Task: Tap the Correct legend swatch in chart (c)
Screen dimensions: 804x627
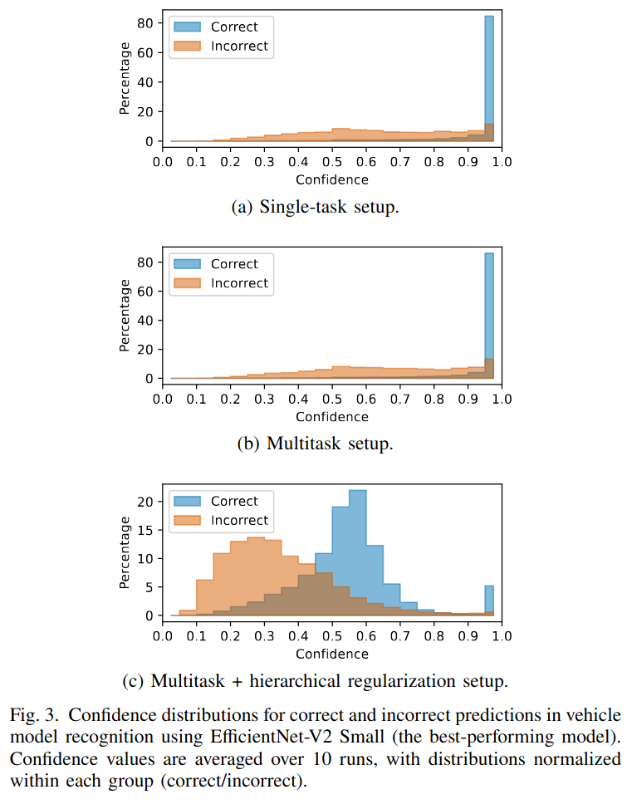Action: [186, 502]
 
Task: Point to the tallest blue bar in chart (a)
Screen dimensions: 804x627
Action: [489, 79]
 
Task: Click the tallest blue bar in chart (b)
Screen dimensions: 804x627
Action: [489, 316]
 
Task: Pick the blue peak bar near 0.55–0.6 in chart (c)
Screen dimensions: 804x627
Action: [357, 552]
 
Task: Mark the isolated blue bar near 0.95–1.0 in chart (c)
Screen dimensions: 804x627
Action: [489, 601]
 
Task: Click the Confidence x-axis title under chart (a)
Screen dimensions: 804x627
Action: [331, 179]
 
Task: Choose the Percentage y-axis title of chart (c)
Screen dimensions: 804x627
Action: [125, 552]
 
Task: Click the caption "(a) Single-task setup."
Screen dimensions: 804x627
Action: [315, 208]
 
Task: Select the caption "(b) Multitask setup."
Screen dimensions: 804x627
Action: [315, 444]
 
